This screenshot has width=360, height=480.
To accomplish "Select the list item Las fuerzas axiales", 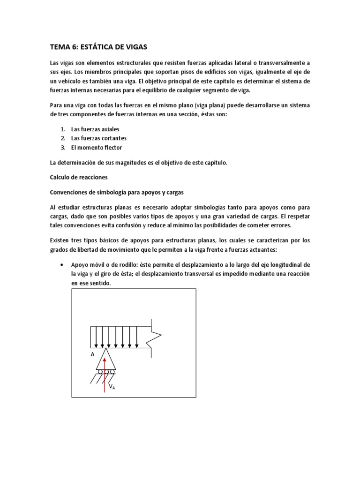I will point(95,129).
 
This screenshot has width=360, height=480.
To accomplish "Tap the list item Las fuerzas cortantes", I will point(98,138).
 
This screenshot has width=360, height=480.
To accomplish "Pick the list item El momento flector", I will point(96,148).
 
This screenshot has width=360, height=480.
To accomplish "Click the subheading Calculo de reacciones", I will point(79,177).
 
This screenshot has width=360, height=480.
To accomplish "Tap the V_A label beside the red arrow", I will point(112,387).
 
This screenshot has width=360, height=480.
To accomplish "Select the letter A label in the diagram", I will point(92,355).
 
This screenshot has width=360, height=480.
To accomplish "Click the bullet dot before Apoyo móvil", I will point(62,264).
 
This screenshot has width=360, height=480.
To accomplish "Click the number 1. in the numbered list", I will point(62,129).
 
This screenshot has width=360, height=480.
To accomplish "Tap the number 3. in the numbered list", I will point(62,148).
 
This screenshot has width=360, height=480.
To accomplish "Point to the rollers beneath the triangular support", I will point(106,372).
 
